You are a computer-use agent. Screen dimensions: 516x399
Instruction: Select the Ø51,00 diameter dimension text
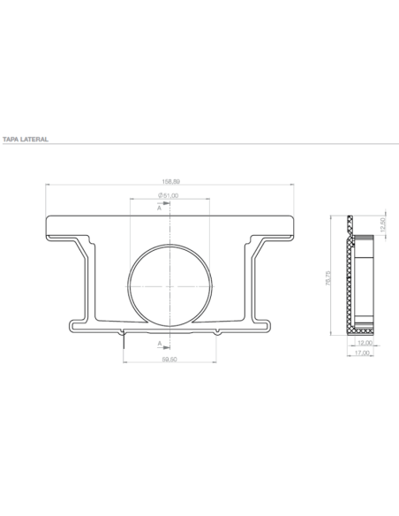pos(169,195)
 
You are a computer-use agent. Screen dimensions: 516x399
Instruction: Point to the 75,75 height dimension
pos(328,277)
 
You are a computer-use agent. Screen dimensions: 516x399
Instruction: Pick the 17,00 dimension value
pos(363,353)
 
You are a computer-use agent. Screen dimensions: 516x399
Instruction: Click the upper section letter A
pos(160,209)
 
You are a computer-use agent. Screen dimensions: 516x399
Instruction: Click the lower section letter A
pos(160,342)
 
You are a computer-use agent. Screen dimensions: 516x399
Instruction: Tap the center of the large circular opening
pos(169,285)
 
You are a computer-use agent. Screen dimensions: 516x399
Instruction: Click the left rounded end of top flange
pos(48,227)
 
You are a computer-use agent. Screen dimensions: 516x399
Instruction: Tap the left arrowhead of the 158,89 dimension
pos(48,183)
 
